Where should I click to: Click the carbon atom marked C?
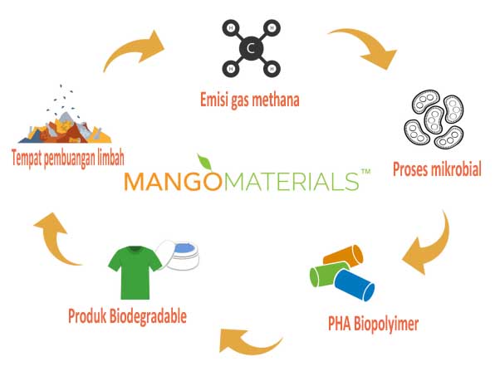(251, 48)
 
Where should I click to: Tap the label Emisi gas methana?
(250, 100)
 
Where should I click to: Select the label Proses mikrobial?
(437, 168)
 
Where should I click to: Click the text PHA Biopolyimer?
(373, 324)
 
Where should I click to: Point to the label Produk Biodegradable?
(127, 316)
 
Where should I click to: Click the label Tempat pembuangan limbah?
(68, 158)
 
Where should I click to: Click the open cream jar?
(179, 255)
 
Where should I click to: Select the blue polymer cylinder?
(354, 286)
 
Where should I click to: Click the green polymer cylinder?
(328, 275)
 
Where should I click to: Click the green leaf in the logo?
(204, 162)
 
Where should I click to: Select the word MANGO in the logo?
(174, 182)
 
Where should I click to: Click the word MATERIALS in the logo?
(292, 182)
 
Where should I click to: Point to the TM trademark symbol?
(365, 172)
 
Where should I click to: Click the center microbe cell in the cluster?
(434, 119)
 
